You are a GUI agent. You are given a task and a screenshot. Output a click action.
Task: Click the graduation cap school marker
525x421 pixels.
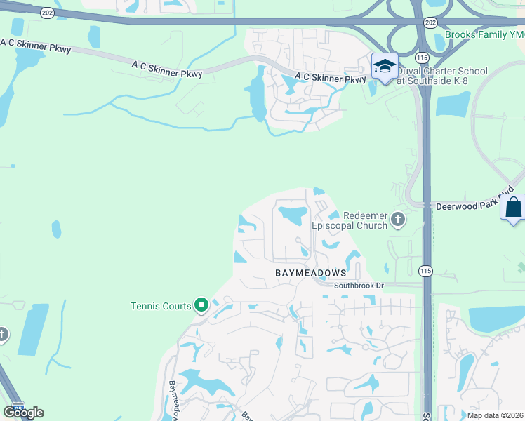(x=385, y=67)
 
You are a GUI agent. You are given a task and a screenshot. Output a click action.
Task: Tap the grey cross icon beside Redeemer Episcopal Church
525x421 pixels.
(x=398, y=220)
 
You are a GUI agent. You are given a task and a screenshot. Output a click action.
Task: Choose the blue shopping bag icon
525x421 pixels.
(x=513, y=208)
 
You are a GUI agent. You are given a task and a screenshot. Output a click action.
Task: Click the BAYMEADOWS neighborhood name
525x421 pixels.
(x=310, y=272)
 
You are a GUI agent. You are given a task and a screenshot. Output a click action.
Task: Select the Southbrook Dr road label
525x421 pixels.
(x=359, y=286)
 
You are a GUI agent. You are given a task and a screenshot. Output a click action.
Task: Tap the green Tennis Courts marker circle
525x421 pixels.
(x=201, y=305)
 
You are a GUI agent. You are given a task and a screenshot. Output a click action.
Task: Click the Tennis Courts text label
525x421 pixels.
(x=161, y=306)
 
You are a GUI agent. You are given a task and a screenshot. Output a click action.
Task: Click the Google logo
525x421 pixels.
(x=23, y=412)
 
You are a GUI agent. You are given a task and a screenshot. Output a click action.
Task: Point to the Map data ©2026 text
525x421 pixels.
(x=495, y=415)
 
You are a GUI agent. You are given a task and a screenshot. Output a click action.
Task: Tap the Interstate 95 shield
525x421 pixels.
(x=18, y=406)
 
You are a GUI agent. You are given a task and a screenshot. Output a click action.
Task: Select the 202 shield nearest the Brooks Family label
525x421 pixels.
(x=430, y=22)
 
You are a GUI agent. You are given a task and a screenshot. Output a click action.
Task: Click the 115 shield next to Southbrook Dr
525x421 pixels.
(x=425, y=271)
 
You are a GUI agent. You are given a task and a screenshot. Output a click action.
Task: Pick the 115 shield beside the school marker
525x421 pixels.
(x=421, y=56)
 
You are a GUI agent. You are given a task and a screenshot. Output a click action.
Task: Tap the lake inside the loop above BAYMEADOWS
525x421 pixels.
(x=290, y=212)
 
